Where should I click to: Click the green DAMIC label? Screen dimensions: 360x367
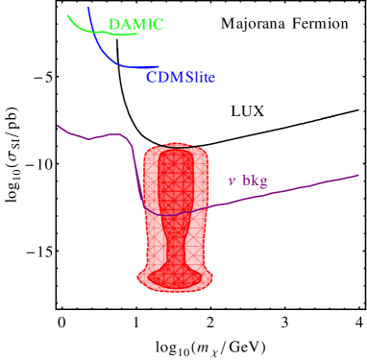click(x=135, y=25)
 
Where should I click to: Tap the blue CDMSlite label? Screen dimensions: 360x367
click(x=181, y=76)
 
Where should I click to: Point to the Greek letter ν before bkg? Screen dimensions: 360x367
click(x=231, y=180)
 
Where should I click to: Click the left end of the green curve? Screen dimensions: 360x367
click(x=68, y=15)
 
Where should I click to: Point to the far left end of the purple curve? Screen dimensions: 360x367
click(x=58, y=125)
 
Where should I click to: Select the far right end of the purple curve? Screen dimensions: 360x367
click(x=358, y=176)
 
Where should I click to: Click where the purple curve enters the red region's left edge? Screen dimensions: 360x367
click(x=143, y=205)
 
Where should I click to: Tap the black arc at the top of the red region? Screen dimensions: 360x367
click(x=176, y=145)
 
